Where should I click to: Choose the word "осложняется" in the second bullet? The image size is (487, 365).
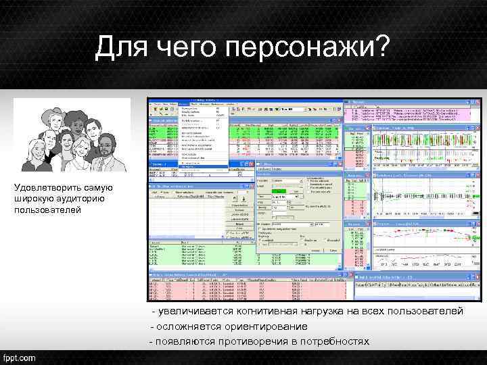[189, 326]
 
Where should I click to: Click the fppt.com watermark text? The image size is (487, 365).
[21, 356]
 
